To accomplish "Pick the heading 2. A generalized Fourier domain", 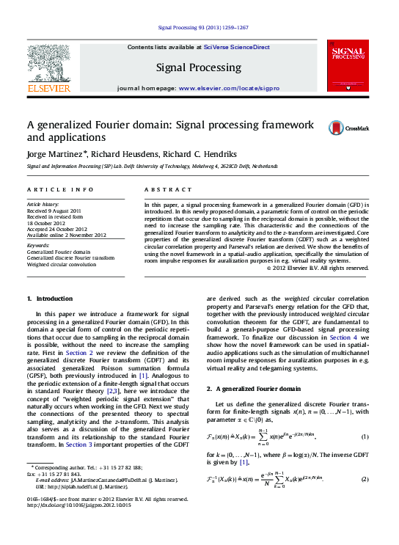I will click(253, 388).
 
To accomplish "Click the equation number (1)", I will click(365, 438).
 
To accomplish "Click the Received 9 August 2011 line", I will click(55, 211).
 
